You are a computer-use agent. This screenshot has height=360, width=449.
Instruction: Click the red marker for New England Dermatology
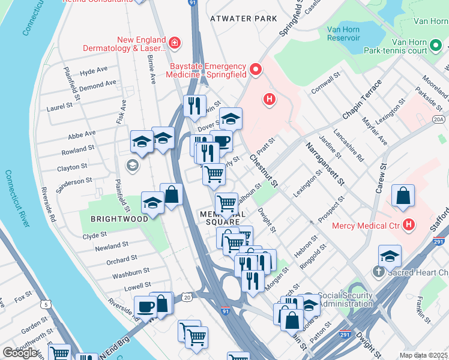pos(174,43)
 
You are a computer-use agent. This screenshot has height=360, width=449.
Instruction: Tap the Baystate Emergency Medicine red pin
pos(256,70)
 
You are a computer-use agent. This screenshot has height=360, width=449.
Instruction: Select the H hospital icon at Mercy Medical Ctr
pos(409,226)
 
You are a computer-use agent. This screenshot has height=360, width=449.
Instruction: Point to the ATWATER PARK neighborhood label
pos(244,19)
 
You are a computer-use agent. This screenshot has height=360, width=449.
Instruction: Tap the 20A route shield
pos(439,119)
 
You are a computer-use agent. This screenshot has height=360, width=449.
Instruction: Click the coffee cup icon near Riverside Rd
pos(145,307)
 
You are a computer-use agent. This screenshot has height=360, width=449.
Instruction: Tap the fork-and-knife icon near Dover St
pos(194,106)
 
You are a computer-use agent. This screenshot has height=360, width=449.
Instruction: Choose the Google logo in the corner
pos(20,353)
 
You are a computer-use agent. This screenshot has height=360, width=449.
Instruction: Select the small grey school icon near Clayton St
pos(132,164)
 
